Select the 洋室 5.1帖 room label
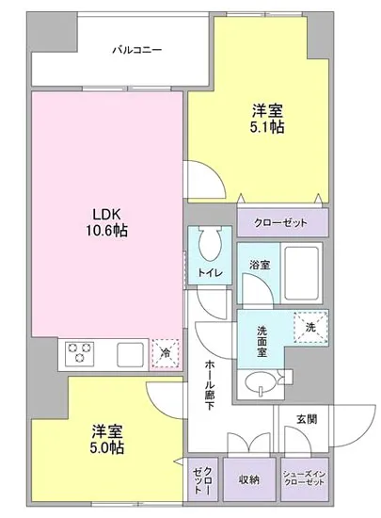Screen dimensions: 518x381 268,117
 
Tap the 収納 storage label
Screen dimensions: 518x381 249,479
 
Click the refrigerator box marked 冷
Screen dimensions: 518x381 166,353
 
